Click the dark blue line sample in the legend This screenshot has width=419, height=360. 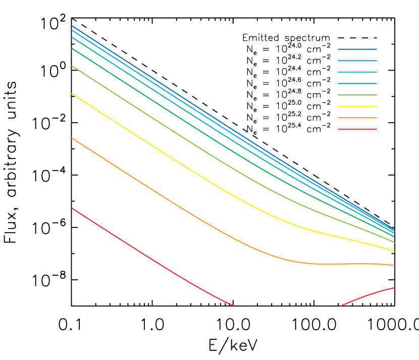pyautogui.click(x=357, y=49)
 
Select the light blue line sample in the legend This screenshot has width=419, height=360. pyautogui.click(x=357, y=61)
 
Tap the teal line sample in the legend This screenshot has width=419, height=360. pyautogui.click(x=357, y=72)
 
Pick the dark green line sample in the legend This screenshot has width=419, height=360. pyautogui.click(x=357, y=83)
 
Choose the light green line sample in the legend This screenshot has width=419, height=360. pyautogui.click(x=357, y=95)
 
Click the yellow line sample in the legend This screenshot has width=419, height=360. pyautogui.click(x=357, y=107)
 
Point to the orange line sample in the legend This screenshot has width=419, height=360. pyautogui.click(x=357, y=118)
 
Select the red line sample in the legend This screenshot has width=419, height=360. pyautogui.click(x=357, y=129)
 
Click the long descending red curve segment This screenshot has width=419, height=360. pyautogui.click(x=151, y=259)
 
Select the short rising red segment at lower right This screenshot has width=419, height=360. pyautogui.click(x=369, y=294)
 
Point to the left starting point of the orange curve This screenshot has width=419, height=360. pyautogui.click(x=72, y=138)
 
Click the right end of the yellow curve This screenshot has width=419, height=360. pyautogui.click(x=394, y=250)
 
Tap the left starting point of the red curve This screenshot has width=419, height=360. pyautogui.click(x=72, y=208)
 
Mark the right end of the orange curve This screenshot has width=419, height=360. pyautogui.click(x=394, y=265)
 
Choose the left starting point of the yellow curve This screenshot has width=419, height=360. pyautogui.click(x=72, y=94)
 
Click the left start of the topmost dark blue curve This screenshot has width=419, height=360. pyautogui.click(x=72, y=25)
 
